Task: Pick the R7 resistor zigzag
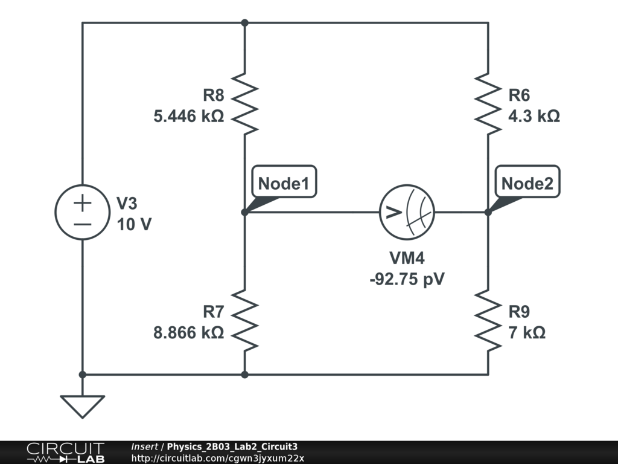coord(244,320)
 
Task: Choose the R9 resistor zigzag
coord(488,320)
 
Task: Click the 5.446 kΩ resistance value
coord(189,116)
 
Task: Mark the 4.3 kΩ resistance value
coord(534,116)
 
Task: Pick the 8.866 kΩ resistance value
coord(189,333)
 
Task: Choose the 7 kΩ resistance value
coord(527,333)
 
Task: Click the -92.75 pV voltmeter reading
coord(407,279)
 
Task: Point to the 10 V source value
coord(134,225)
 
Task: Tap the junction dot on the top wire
coord(245,23)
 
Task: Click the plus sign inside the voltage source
coord(82,204)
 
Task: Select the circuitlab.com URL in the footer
coord(217,458)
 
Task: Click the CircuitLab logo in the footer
coord(65,452)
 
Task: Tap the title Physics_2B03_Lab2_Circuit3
coord(232,446)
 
